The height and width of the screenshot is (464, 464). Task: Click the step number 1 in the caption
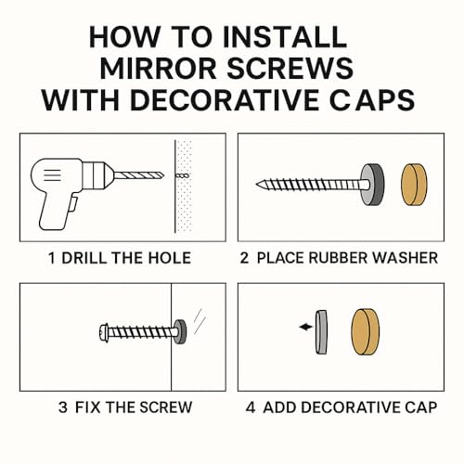52,257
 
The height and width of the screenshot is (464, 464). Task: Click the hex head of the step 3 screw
103,329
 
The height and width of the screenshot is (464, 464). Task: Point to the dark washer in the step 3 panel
179,330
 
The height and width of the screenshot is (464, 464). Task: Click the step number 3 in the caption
61,406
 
